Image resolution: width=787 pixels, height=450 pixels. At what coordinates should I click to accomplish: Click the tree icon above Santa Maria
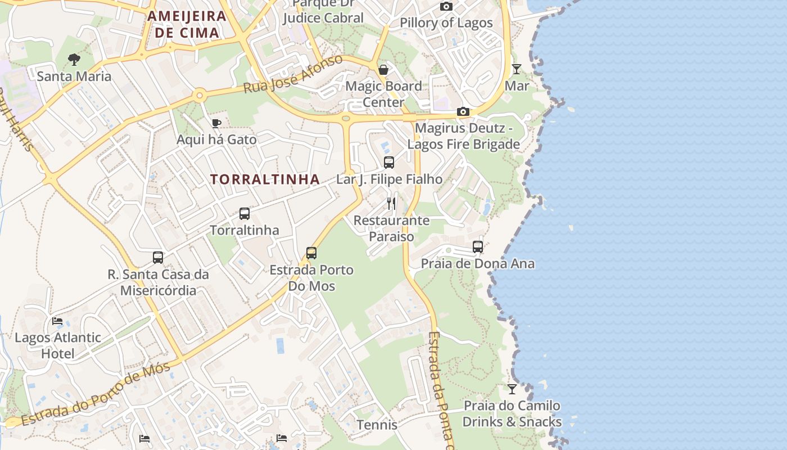pos(74,59)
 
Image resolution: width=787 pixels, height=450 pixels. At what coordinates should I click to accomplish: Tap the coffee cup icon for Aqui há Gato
pos(216,123)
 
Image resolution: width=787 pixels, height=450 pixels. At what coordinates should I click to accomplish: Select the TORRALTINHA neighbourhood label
pos(265,179)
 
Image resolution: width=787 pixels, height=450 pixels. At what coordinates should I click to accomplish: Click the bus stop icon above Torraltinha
pos(244,214)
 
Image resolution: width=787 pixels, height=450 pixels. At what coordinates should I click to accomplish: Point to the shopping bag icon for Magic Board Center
pos(383,70)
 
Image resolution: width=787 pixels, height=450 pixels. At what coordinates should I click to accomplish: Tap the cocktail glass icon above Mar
pos(517,69)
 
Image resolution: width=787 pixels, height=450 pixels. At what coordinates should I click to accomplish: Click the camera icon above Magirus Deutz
pos(463,112)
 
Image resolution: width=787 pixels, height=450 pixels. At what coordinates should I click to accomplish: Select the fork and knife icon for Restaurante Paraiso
pos(391,204)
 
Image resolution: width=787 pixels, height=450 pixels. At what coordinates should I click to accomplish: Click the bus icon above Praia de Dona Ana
pos(478,247)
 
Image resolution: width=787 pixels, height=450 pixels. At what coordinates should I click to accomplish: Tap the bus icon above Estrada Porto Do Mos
pos(311,253)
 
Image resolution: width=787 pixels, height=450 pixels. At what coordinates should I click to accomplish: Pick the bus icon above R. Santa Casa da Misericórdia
pos(158,258)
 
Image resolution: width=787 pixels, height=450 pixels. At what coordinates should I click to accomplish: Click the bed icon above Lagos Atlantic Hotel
pos(57,321)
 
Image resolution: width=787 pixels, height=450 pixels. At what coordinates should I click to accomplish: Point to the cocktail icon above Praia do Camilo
pos(512,389)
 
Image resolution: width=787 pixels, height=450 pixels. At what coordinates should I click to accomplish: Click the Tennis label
pos(377,425)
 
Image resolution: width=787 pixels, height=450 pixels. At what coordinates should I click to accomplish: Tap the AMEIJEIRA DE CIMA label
pos(187,24)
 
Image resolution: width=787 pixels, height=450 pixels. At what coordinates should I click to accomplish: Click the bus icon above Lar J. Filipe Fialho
pos(388,163)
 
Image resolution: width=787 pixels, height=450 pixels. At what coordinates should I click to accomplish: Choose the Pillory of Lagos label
pos(446,23)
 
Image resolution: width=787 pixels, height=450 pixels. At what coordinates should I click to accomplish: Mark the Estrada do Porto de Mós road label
pos(96,395)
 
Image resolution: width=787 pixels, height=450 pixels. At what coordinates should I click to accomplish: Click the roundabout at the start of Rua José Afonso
pos(199,96)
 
